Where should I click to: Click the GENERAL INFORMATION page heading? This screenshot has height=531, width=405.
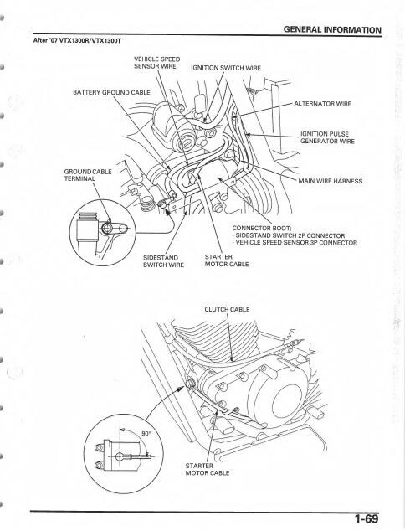click(x=332, y=29)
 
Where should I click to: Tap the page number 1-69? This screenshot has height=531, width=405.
click(x=367, y=518)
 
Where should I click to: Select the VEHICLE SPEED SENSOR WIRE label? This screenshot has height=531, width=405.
click(x=157, y=63)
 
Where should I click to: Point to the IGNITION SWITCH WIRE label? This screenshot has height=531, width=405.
click(x=226, y=68)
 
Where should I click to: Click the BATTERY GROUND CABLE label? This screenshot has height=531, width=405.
click(x=111, y=92)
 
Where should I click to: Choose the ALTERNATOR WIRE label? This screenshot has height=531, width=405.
click(x=323, y=104)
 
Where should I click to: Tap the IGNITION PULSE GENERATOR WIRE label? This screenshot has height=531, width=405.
click(x=327, y=137)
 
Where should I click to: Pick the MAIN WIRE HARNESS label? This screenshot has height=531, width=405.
click(x=331, y=181)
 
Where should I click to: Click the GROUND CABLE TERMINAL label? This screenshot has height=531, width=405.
click(x=88, y=175)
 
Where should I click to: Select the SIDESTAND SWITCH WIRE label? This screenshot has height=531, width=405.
click(x=163, y=261)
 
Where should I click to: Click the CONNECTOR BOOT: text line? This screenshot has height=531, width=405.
click(x=262, y=229)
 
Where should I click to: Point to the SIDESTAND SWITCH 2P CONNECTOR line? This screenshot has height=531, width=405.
click(x=289, y=235)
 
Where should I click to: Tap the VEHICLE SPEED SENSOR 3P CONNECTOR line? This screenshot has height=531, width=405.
click(x=295, y=243)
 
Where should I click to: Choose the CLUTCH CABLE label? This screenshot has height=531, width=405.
click(x=227, y=309)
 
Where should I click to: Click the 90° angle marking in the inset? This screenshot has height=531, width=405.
click(x=146, y=434)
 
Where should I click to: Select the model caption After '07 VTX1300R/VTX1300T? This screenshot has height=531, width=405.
click(x=77, y=40)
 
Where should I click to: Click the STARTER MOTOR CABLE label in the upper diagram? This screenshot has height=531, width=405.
click(x=227, y=260)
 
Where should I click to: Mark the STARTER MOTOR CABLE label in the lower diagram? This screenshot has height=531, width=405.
click(x=207, y=469)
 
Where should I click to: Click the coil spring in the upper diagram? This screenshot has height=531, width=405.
click(x=146, y=204)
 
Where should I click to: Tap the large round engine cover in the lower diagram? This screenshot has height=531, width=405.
click(x=286, y=400)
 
